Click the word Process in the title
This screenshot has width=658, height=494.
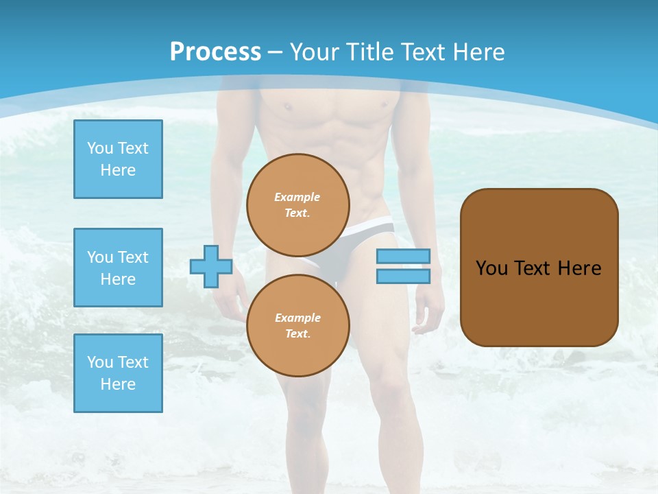[x=215, y=52]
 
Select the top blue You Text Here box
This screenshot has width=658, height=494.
[x=118, y=159]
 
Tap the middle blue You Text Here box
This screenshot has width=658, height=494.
[x=118, y=268]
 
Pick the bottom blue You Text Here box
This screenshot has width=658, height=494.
[x=118, y=373]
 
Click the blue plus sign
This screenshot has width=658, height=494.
[x=211, y=267]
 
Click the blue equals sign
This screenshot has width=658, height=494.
[x=403, y=266]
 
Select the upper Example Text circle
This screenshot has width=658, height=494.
[x=298, y=205]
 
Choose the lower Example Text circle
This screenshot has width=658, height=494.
[x=298, y=326]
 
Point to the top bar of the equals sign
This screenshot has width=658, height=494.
[x=403, y=257]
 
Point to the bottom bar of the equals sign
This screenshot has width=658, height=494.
[x=403, y=276]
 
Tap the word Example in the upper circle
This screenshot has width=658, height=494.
[x=297, y=197]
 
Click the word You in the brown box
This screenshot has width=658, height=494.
[x=491, y=268]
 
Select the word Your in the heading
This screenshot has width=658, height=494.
[x=317, y=52]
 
